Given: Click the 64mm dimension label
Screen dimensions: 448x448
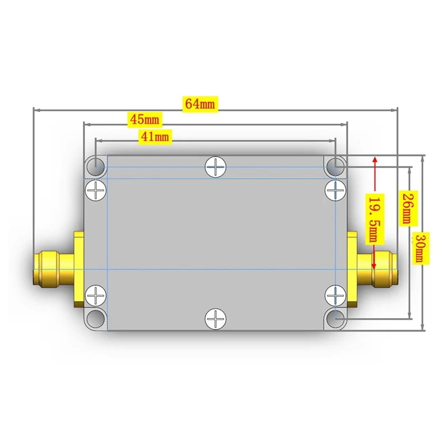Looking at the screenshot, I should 200,104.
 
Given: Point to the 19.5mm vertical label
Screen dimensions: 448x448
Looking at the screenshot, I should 374,218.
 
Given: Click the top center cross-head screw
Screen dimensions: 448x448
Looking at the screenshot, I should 216,166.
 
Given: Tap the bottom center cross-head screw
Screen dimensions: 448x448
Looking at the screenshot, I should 216,319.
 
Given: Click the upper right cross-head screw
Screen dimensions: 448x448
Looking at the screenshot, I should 335,190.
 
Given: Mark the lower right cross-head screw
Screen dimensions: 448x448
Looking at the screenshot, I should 335,295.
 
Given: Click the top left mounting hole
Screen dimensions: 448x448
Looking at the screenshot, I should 96,166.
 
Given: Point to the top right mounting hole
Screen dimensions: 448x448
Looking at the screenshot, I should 335,166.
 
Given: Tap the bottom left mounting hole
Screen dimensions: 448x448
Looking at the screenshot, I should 96,319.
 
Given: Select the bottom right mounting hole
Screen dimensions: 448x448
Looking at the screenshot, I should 335,319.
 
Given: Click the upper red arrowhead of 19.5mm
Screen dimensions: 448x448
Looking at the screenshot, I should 374,161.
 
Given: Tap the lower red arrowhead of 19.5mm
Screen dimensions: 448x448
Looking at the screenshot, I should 374,273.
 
